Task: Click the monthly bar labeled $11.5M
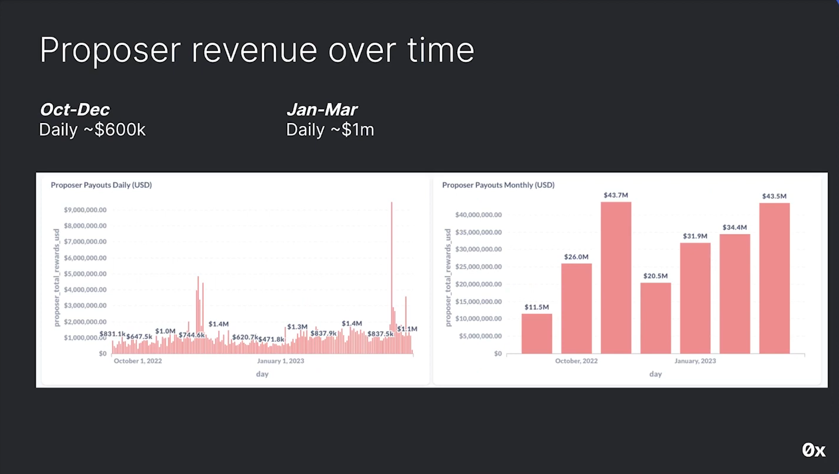point(536,333)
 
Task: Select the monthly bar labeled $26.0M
point(576,308)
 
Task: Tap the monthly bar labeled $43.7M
point(616,278)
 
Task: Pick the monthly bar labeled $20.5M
point(655,318)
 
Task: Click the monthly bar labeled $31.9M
point(695,298)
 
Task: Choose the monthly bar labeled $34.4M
point(734,294)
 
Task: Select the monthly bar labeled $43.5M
point(774,278)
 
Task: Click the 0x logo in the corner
point(814,450)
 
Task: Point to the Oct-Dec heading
point(74,110)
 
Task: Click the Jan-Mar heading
point(322,110)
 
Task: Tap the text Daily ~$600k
point(92,130)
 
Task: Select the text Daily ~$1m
point(330,130)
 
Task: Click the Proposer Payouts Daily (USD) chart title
point(101,185)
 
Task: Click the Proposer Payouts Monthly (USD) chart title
point(498,185)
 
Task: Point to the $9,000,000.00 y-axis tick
point(85,210)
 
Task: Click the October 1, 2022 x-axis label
point(138,361)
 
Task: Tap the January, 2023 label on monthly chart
point(695,361)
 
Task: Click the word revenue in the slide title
point(254,50)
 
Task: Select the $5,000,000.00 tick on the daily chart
point(85,274)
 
